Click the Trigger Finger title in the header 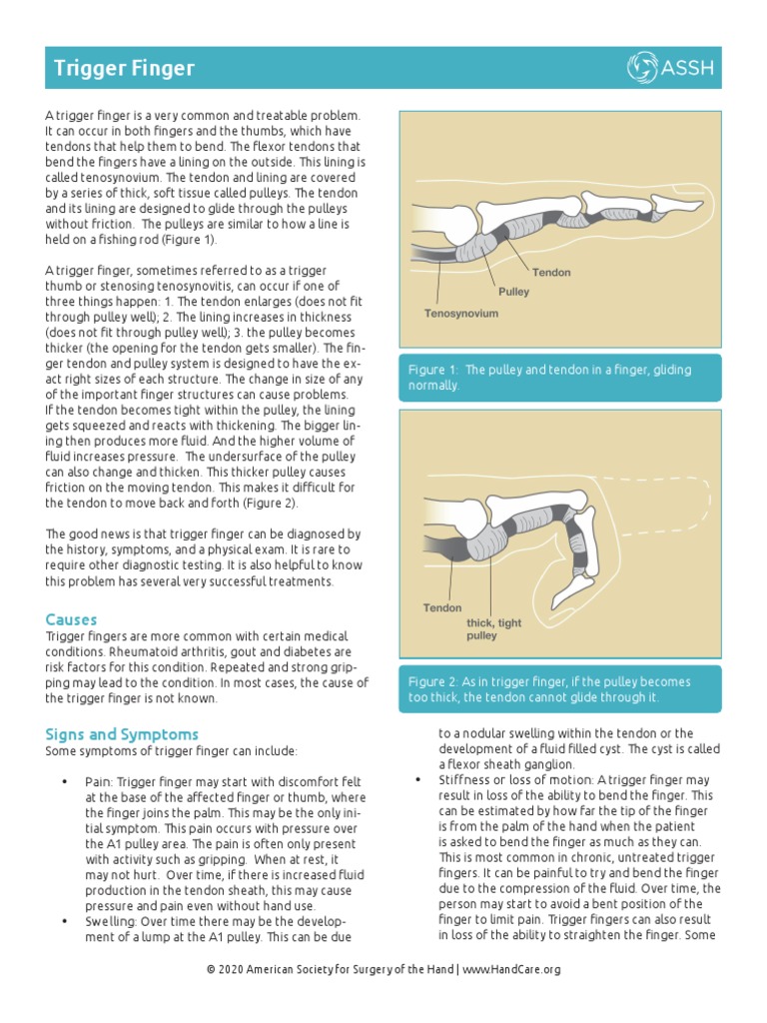124,69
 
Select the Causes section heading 71,620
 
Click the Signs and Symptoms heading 122,733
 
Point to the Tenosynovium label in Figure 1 460,313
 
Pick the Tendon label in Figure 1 551,272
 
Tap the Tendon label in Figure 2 442,607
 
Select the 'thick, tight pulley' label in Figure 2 493,629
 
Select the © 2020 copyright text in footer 330,969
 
